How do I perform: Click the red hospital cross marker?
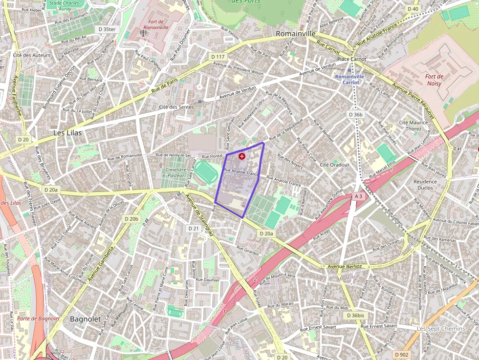tap(242, 156)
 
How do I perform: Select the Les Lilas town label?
tap(68, 132)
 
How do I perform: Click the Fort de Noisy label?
tap(434, 80)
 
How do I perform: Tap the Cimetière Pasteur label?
tap(176, 172)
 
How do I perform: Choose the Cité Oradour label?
tap(334, 165)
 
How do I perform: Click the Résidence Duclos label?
tap(425, 184)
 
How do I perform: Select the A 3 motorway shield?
tap(358, 196)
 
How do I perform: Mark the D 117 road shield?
tap(218, 57)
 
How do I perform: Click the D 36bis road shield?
tap(355, 316)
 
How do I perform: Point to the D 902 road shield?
tap(401, 354)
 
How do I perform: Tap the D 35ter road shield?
tap(107, 29)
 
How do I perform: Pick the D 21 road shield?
tap(194, 228)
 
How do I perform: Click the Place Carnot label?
tap(351, 60)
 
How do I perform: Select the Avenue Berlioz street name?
tap(345, 266)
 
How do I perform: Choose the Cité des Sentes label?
tap(176, 106)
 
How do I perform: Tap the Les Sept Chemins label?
tap(441, 329)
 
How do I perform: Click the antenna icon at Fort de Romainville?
tap(143, 33)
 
